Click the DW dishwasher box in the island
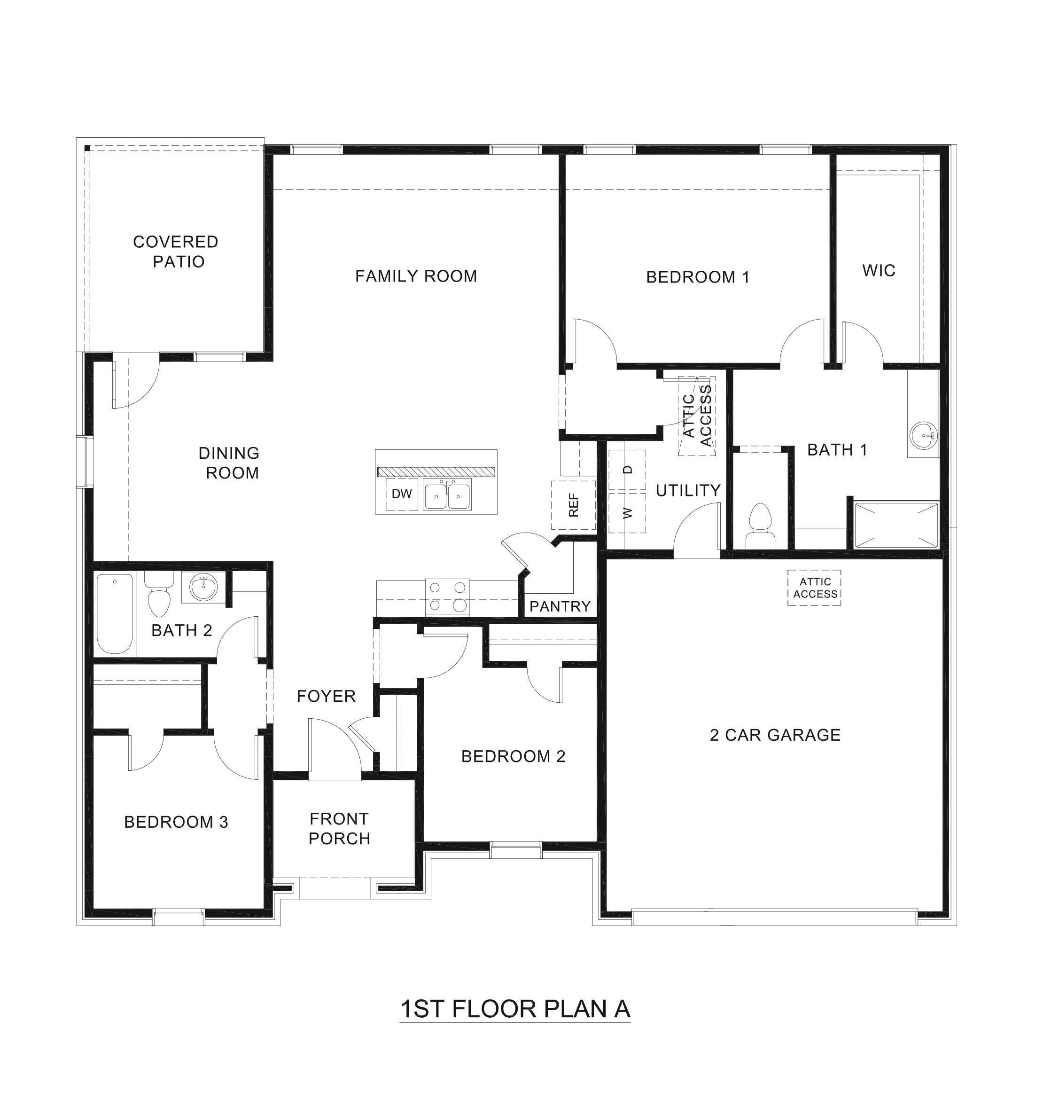(402, 494)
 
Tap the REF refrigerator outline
(573, 505)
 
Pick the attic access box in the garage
(815, 588)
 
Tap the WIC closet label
(879, 271)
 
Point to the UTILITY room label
(688, 491)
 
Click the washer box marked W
(627, 512)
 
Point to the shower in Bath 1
(895, 526)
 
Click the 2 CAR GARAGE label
(775, 735)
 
